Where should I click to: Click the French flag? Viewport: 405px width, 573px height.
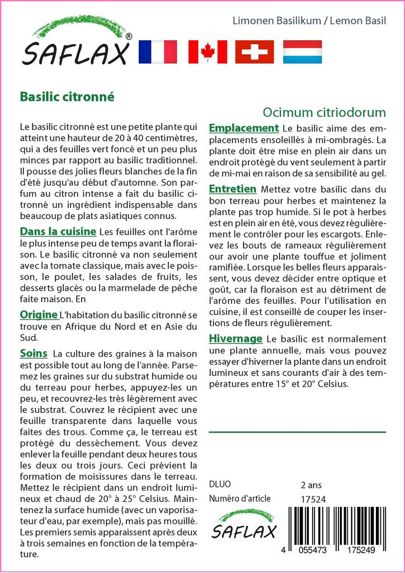tap(157, 52)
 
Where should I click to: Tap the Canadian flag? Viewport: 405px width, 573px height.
tap(208, 52)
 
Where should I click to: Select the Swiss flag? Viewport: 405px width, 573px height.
tap(255, 52)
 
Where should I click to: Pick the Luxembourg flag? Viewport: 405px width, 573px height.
tap(302, 52)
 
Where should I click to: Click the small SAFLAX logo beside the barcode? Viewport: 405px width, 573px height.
tap(245, 524)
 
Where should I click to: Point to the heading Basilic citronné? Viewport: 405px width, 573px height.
tap(67, 96)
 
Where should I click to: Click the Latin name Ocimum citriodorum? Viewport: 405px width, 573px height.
tap(324, 112)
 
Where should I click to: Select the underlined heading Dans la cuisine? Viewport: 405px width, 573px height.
tap(58, 231)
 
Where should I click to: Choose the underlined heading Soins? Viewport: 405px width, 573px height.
tap(34, 353)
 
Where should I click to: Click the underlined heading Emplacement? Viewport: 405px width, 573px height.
tap(243, 128)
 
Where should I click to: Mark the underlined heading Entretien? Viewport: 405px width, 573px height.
tap(232, 189)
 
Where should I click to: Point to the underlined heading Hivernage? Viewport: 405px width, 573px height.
tap(235, 339)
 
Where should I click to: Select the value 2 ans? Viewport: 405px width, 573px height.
tap(311, 485)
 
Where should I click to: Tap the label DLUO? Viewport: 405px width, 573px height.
tap(219, 485)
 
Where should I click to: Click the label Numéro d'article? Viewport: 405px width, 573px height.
tap(239, 499)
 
